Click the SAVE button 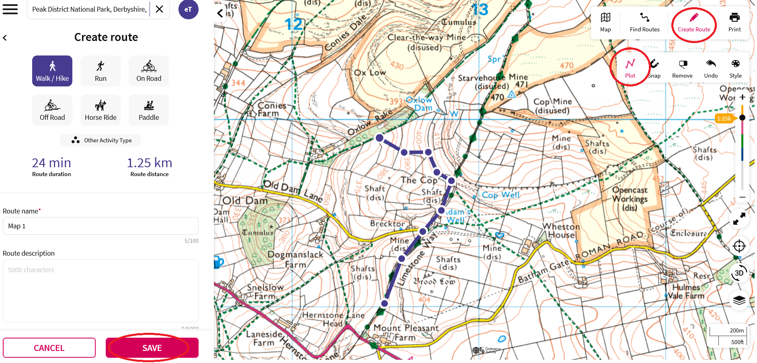152,348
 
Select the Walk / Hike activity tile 52,71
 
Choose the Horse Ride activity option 101,111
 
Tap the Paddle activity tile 149,111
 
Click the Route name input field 101,226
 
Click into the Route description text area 101,290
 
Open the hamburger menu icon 10,9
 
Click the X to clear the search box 160,9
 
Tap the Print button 734,22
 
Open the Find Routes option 644,22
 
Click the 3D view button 739,273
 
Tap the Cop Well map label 501,195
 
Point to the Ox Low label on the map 370,73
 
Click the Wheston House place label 561,231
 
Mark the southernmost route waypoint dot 385,304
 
